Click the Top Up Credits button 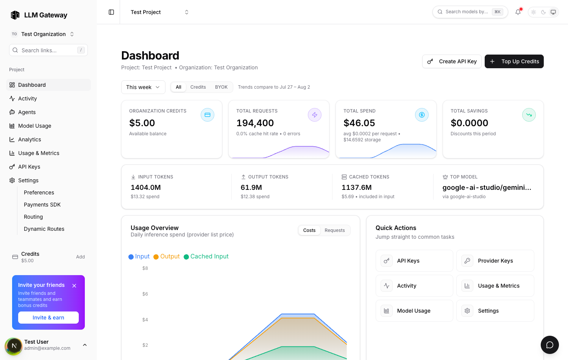(x=514, y=61)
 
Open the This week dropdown (x=143, y=87)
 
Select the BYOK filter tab (x=221, y=87)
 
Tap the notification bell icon (x=518, y=12)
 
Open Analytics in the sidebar (x=30, y=139)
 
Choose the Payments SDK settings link (x=42, y=205)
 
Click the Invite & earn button (x=48, y=318)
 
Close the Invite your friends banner (x=74, y=286)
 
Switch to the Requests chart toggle (x=334, y=230)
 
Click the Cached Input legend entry (x=206, y=257)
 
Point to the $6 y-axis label (x=145, y=294)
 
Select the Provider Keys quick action (x=495, y=261)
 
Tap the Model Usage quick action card (x=414, y=311)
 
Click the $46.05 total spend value (x=359, y=123)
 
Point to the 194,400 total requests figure (x=255, y=123)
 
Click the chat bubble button (x=549, y=345)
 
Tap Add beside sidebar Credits (x=80, y=257)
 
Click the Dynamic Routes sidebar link (x=44, y=229)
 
